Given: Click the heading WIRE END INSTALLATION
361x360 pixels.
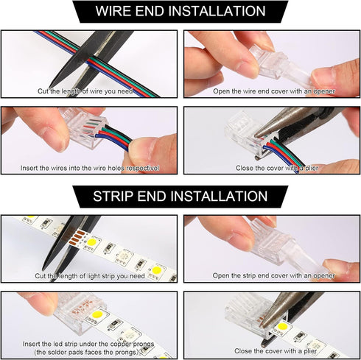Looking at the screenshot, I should [x=180, y=12].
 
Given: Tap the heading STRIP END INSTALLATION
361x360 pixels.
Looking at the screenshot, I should [x=180, y=197].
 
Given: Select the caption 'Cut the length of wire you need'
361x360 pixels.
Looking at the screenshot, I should [x=89, y=91].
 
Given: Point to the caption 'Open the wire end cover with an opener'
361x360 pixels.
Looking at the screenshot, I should [x=273, y=91].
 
